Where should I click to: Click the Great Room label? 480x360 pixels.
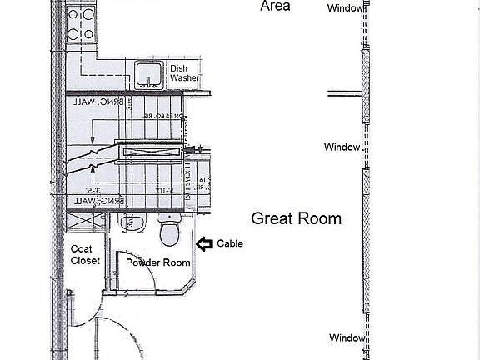[x=297, y=219]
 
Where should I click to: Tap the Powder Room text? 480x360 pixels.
[x=158, y=262]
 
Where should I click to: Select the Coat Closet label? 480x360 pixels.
[x=85, y=253]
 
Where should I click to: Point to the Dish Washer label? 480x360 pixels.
[x=184, y=73]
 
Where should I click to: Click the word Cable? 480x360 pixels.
[x=230, y=244]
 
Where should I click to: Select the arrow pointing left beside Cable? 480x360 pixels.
[x=203, y=244]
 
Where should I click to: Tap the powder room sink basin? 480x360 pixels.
[x=130, y=223]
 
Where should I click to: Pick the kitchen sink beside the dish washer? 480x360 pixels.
[x=149, y=72]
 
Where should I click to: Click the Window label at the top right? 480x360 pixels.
[x=345, y=7]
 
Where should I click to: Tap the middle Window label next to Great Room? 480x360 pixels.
[x=342, y=147]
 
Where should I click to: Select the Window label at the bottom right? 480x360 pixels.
[x=345, y=337]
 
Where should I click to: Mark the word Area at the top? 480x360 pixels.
[x=275, y=6]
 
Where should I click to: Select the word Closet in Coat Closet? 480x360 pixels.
[x=85, y=260]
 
